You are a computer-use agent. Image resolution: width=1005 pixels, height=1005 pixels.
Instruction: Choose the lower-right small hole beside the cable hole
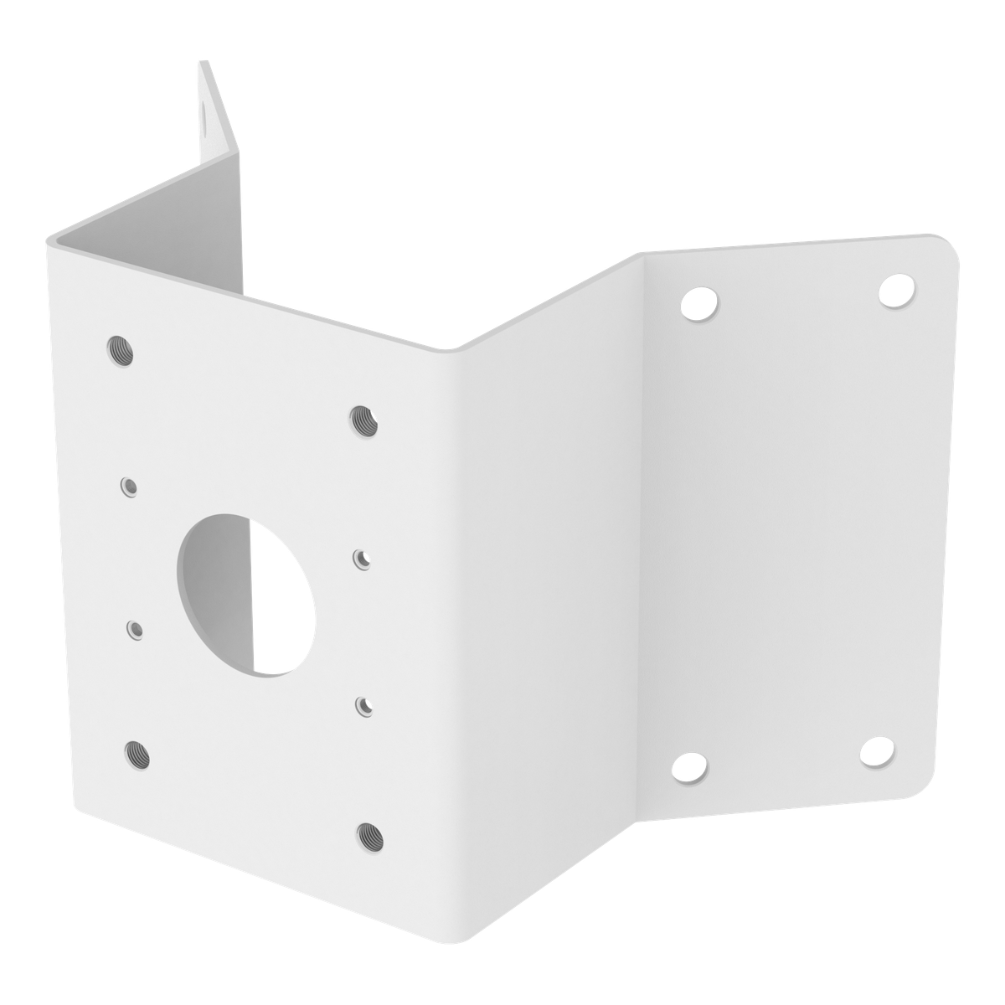[x=363, y=703]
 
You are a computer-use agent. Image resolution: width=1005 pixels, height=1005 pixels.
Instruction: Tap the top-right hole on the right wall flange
[x=895, y=288]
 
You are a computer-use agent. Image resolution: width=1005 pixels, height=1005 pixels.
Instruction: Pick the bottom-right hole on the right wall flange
[x=876, y=753]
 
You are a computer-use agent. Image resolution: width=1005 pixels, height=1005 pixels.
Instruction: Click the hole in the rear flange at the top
[x=206, y=116]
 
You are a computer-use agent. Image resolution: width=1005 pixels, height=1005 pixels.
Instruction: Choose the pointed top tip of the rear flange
[x=201, y=64]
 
